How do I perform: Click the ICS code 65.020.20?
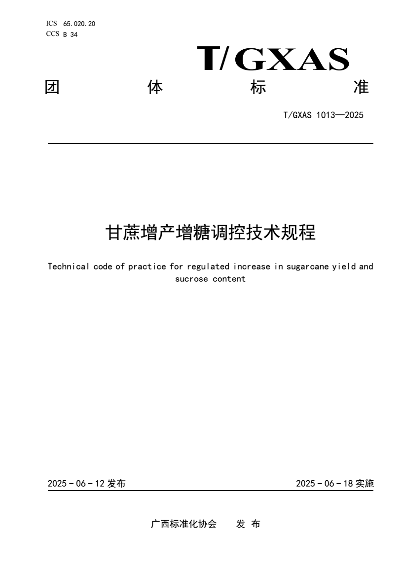(79, 24)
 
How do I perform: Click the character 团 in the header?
(52, 88)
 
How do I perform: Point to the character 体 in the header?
(155, 88)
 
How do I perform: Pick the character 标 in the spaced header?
(258, 88)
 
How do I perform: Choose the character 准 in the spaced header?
(362, 88)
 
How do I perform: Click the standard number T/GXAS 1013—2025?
(324, 116)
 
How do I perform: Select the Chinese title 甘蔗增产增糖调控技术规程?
(211, 233)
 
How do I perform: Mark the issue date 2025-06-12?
(76, 484)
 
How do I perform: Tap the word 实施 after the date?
(365, 484)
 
